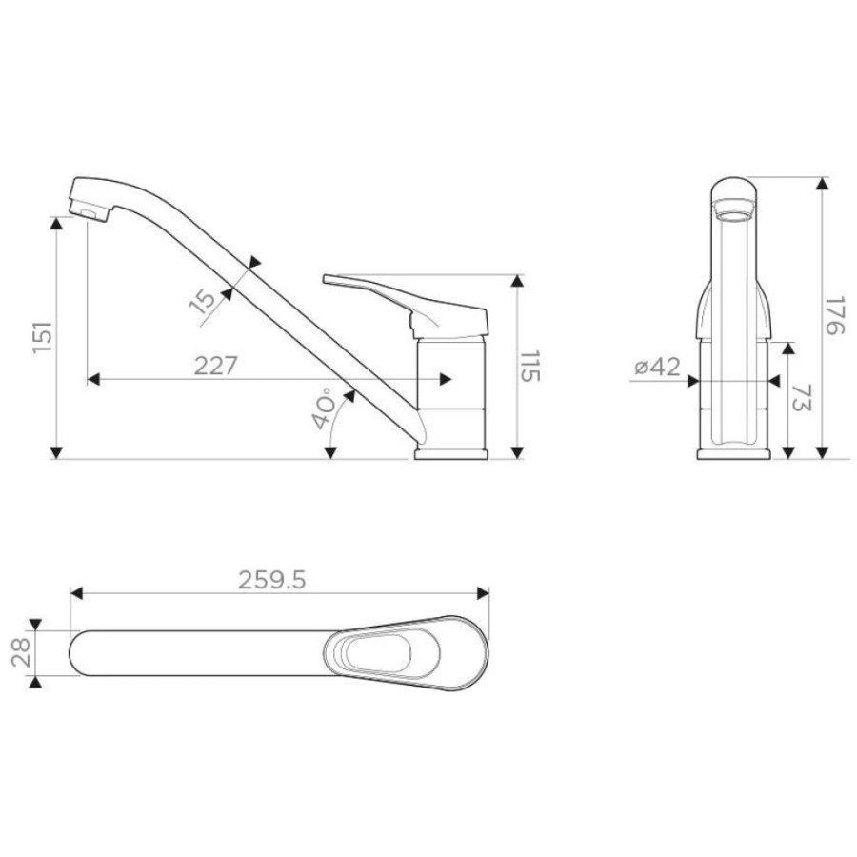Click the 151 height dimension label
[x=43, y=337]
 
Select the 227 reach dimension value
[x=216, y=366]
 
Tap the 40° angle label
[x=325, y=409]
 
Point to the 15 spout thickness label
[x=204, y=301]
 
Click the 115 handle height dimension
[x=529, y=367]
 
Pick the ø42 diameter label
[x=657, y=367]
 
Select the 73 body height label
[x=802, y=397]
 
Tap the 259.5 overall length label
[x=272, y=580]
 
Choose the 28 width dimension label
[x=21, y=653]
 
